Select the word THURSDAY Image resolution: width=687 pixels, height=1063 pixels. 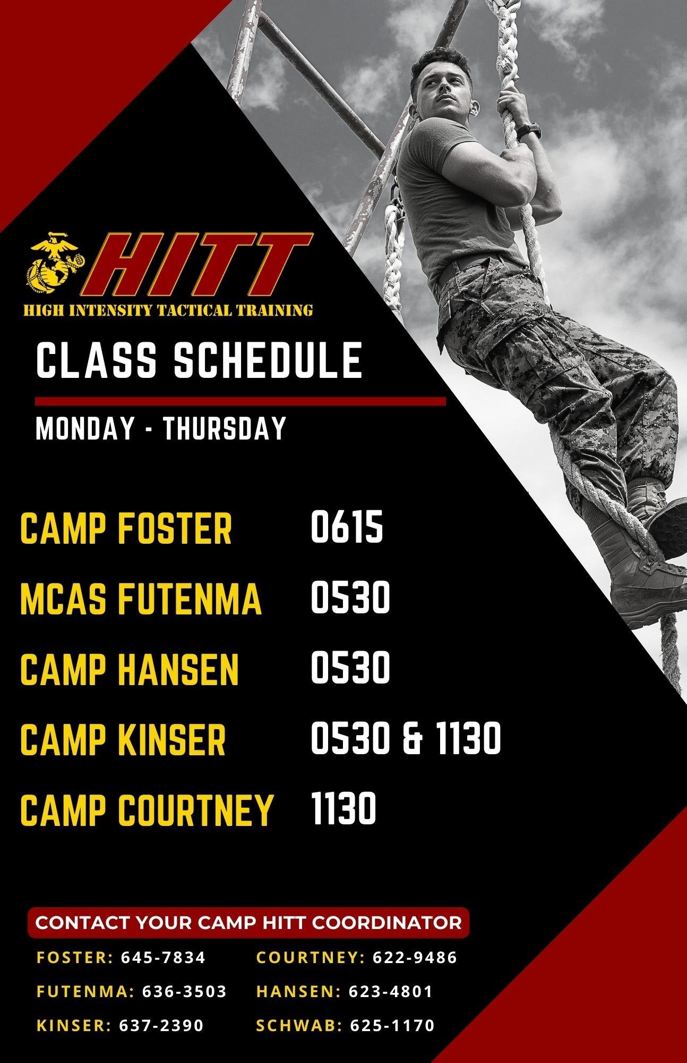click(225, 428)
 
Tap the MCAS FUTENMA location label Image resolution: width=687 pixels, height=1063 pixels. click(141, 598)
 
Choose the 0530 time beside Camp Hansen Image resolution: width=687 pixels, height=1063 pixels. click(350, 667)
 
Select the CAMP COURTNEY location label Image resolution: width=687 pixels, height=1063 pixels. click(146, 809)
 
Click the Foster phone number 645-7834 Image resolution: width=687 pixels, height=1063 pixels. click(163, 958)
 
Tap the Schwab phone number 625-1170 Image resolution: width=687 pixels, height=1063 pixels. click(392, 1025)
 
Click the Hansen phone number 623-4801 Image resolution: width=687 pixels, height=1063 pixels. click(391, 992)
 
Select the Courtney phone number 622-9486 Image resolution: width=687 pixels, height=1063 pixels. click(415, 958)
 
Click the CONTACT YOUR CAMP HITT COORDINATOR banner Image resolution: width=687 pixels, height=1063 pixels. click(248, 923)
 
